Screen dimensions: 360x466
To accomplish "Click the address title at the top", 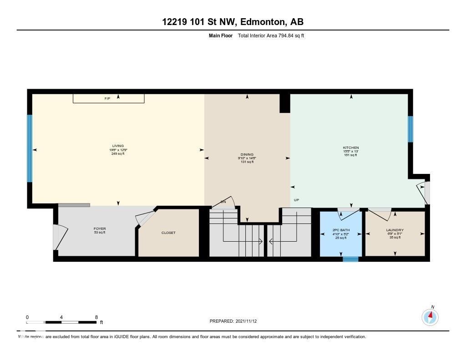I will pos(233,22).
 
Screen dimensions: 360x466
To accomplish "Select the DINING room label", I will pos(247,155).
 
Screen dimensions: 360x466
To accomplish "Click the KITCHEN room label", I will pos(351,148).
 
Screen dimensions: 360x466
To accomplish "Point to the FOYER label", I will pos(100,229).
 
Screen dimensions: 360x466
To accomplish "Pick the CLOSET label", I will pos(168,233).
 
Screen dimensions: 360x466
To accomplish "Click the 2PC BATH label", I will pos(341,230).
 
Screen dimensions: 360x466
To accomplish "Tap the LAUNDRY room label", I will pos(395,230).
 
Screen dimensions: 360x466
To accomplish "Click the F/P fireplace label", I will pos(107,98).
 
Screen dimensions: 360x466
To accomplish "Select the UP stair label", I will pos(296,200).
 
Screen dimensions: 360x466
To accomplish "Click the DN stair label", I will pos(223,202).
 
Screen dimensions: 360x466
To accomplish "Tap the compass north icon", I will pos(430,316).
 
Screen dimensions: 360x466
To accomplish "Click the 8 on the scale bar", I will pos(96,317).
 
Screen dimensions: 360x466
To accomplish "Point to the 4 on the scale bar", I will pos(61,317).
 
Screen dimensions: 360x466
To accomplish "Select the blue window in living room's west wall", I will pos(30,148).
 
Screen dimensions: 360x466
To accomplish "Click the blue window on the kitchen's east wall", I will pos(410,129).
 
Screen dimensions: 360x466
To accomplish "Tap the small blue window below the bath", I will pos(350,259).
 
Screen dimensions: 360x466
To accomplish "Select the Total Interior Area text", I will pos(271,35).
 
